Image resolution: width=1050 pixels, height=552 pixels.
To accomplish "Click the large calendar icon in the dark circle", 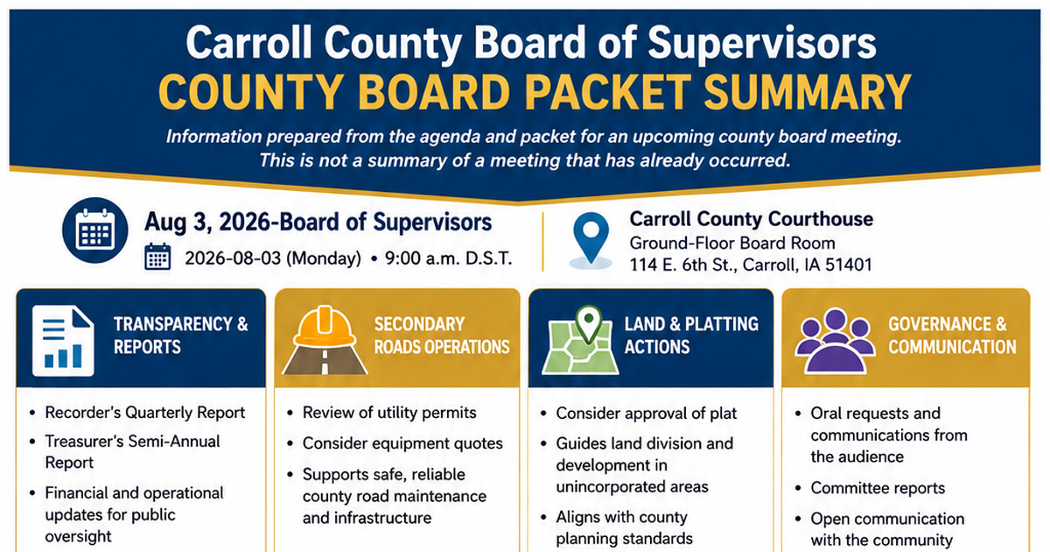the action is [x=95, y=230].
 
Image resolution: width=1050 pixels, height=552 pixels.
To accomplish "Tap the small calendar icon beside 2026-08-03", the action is [x=157, y=257].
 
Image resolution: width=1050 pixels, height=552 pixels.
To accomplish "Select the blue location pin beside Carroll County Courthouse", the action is [x=591, y=238].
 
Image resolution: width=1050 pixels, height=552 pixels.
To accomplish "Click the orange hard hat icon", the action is [x=325, y=326].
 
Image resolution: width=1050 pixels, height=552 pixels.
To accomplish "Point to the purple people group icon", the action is [x=835, y=341].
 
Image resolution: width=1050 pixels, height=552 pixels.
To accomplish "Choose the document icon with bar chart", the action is [x=63, y=341].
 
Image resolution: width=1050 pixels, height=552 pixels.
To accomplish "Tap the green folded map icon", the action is [x=580, y=341].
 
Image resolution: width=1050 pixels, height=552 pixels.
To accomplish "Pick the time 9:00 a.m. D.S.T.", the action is [x=448, y=258].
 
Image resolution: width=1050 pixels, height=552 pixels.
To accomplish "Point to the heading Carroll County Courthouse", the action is [x=751, y=219].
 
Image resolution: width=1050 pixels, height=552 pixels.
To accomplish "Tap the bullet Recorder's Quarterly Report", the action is [x=145, y=413].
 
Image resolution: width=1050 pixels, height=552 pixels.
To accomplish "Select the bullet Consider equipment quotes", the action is [x=402, y=443].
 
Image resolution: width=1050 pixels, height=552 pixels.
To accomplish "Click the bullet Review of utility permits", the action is [x=389, y=413].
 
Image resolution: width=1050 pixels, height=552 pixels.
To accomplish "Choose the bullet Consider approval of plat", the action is [x=647, y=414].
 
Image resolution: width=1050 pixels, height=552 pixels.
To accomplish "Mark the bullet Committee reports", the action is [x=878, y=489].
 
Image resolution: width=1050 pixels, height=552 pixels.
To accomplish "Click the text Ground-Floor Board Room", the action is [x=732, y=244].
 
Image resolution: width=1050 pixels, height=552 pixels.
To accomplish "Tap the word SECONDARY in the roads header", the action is [x=419, y=324].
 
